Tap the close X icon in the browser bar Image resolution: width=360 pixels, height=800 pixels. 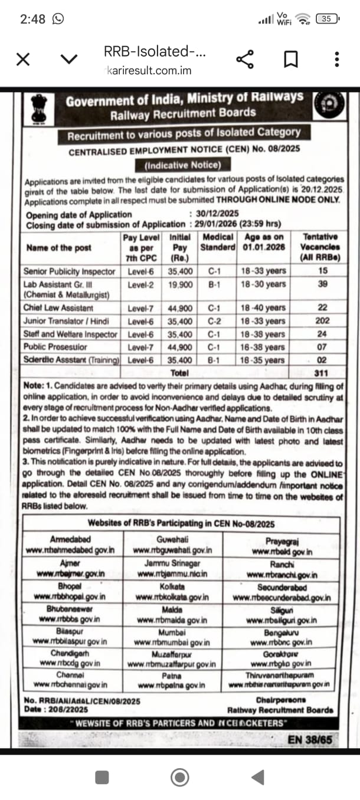[23, 59]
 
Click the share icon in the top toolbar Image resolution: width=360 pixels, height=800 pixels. [244, 59]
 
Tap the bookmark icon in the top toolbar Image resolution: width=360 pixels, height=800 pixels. [290, 59]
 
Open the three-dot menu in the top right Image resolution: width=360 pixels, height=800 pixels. [336, 59]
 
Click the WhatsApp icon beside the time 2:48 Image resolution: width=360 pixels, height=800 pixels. [58, 19]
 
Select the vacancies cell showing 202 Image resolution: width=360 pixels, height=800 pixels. [322, 322]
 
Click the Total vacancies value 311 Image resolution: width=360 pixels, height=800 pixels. [322, 373]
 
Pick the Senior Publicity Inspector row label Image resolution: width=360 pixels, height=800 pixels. [70, 271]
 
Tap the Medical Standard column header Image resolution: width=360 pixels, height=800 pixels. [218, 241]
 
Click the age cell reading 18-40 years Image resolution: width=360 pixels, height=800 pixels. [263, 308]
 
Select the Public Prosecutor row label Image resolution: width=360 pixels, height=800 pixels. [55, 347]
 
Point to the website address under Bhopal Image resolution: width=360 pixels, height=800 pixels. [73, 597]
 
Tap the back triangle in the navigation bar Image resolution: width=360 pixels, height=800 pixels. [257, 777]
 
